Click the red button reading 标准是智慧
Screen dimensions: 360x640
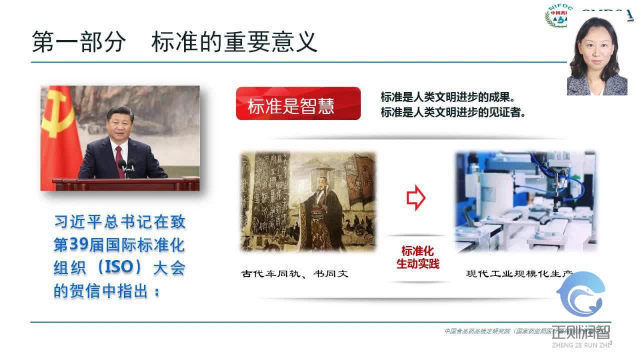(298, 103)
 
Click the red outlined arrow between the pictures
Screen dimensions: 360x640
(415, 198)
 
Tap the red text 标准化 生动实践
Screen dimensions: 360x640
(417, 257)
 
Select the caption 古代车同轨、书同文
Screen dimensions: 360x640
(294, 273)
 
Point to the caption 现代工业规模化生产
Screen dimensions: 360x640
(518, 273)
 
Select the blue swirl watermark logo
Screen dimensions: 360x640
(581, 295)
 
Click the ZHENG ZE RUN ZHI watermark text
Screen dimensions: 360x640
(580, 344)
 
